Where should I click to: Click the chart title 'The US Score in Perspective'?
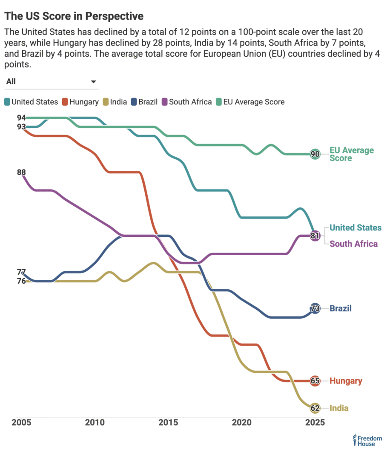click(74, 16)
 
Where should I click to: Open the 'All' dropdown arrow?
click(94, 82)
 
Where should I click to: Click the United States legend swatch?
click(7, 102)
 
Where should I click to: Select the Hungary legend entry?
click(80, 102)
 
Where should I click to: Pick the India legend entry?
click(115, 102)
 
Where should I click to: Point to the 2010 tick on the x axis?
click(95, 423)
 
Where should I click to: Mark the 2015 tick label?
click(168, 423)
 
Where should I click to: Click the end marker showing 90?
click(315, 154)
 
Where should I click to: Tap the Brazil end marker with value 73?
click(315, 308)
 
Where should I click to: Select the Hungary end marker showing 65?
click(315, 381)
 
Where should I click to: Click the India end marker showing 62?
click(315, 408)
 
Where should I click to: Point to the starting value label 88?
click(21, 173)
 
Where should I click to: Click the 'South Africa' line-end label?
click(354, 244)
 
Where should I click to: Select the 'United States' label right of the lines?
click(355, 227)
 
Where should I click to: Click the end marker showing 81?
click(315, 236)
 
